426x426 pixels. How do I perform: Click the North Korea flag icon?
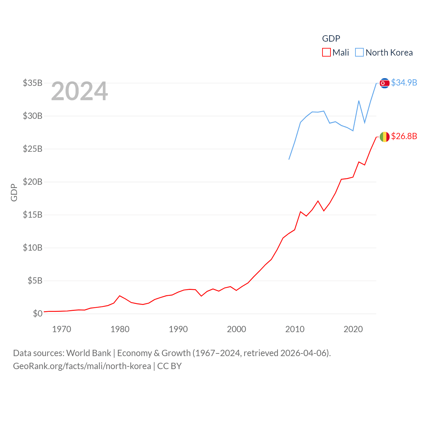coord(384,83)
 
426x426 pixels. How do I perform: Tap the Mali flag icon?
coord(384,136)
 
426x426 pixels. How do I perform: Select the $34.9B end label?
coord(404,83)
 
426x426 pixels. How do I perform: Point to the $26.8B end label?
coord(404,136)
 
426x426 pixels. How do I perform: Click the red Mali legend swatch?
coord(326,53)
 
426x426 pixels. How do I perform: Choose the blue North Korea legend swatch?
coord(359,53)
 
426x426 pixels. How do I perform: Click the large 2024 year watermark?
coord(80,91)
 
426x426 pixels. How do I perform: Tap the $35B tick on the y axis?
coord(33,83)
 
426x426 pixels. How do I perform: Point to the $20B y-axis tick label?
coord(33,182)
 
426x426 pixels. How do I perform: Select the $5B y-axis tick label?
coord(35,281)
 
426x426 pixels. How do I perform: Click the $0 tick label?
coord(38,314)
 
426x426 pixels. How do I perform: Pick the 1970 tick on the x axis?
coord(62,329)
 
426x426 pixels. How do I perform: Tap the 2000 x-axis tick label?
coord(236,329)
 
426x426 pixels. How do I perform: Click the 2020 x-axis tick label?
coord(353,329)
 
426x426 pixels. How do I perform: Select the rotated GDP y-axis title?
coord(14,192)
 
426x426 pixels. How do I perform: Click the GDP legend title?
coord(331,39)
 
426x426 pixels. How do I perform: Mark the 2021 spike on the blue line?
coord(359,101)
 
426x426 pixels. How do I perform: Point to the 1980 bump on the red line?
coord(120,296)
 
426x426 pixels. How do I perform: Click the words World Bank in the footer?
coord(89,353)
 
